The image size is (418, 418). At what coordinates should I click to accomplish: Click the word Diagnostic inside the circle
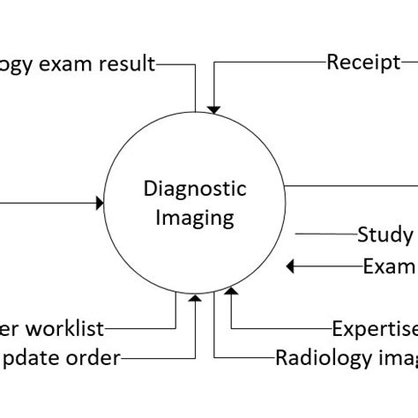click(x=196, y=189)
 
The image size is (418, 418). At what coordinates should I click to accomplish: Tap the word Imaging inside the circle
click(x=196, y=216)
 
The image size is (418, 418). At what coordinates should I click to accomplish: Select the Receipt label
click(x=363, y=62)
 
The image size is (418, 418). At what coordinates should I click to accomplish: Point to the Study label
click(x=385, y=235)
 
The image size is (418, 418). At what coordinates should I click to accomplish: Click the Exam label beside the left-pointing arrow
click(x=389, y=266)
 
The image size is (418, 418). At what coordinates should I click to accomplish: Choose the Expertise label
click(x=375, y=329)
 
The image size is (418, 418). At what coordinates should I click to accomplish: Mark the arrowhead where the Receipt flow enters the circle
click(x=213, y=108)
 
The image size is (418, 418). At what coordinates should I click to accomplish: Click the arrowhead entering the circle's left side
click(x=99, y=203)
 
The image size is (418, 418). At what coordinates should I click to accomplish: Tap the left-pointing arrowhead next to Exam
click(x=293, y=266)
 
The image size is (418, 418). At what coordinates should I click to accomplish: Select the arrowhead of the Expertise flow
click(x=231, y=293)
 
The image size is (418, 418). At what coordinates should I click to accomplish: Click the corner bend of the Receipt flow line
click(x=213, y=63)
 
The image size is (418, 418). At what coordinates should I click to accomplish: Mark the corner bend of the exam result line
click(x=195, y=63)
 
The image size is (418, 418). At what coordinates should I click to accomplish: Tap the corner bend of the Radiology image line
click(x=213, y=357)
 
